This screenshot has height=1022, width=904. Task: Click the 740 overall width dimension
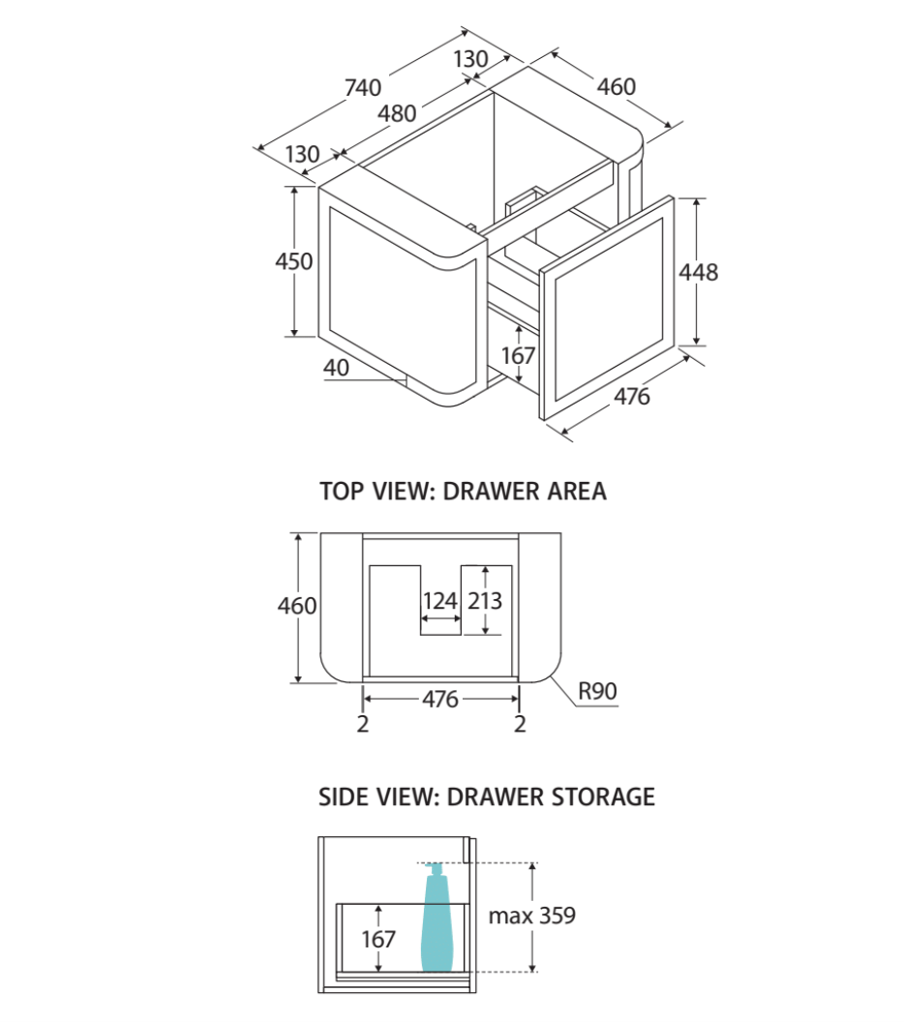click(x=363, y=87)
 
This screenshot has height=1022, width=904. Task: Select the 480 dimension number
click(x=398, y=113)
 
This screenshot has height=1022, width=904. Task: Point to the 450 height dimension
click(x=293, y=261)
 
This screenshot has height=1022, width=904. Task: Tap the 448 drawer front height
click(x=698, y=273)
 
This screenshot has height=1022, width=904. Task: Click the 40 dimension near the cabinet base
click(x=336, y=369)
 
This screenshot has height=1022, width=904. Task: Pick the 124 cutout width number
click(x=439, y=601)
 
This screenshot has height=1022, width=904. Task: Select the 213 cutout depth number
click(x=484, y=601)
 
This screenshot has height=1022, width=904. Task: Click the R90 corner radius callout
click(x=597, y=692)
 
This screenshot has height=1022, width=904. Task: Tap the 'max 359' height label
click(x=531, y=916)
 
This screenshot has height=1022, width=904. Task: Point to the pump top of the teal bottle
click(x=437, y=867)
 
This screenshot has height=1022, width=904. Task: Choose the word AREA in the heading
click(x=575, y=492)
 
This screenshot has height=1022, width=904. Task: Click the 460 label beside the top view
click(x=297, y=606)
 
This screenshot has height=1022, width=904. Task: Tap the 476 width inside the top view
click(x=440, y=699)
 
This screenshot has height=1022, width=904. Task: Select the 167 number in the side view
click(x=377, y=939)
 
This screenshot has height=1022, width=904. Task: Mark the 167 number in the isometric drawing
click(x=519, y=356)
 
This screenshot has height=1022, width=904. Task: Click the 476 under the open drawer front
click(x=632, y=396)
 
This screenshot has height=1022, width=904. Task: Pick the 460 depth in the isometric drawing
click(x=617, y=87)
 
